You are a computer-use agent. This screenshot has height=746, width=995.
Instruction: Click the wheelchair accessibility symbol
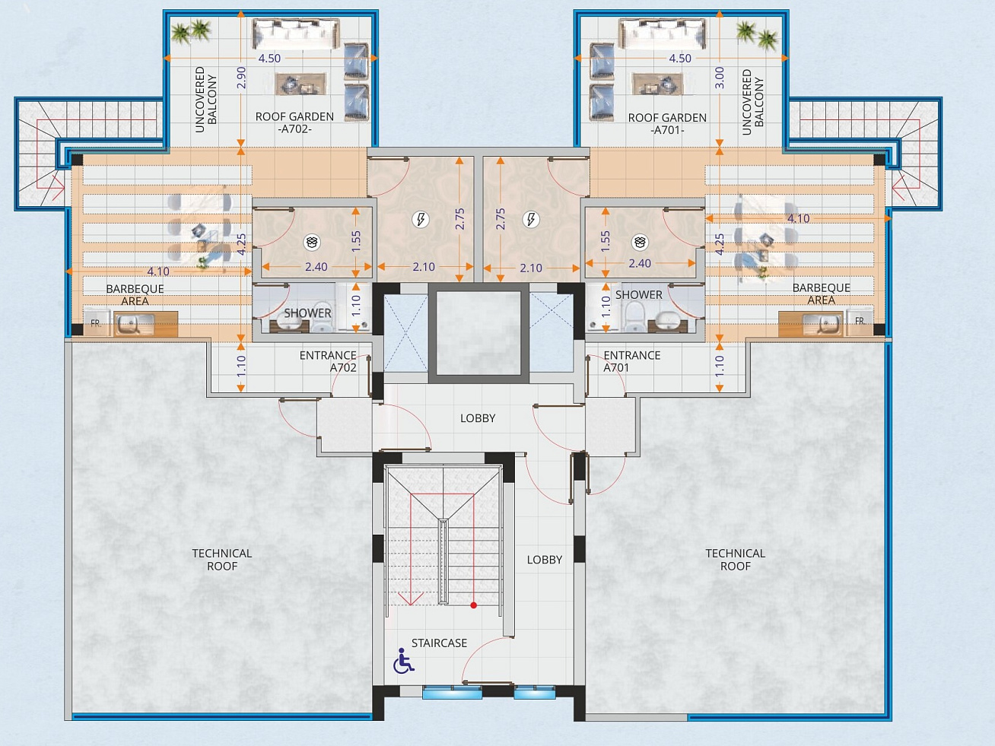pyautogui.click(x=403, y=661)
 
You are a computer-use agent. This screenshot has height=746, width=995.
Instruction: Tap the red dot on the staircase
pyautogui.click(x=474, y=605)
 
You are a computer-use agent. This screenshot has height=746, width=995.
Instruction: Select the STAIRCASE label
pyautogui.click(x=439, y=643)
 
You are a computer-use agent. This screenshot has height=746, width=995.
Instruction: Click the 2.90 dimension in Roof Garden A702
pyautogui.click(x=242, y=77)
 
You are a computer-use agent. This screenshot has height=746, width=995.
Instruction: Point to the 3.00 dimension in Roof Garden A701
pyautogui.click(x=720, y=78)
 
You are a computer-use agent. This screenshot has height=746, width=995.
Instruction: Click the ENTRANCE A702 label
pyautogui.click(x=328, y=361)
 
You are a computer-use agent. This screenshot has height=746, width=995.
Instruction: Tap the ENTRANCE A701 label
pyautogui.click(x=632, y=361)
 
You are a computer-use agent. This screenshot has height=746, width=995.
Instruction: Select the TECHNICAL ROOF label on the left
pyautogui.click(x=222, y=560)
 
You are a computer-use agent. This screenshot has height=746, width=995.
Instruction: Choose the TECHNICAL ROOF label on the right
pyautogui.click(x=736, y=560)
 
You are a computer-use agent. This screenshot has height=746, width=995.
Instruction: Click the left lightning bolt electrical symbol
pyautogui.click(x=421, y=219)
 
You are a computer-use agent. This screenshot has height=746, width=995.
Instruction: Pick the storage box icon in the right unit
pyautogui.click(x=640, y=243)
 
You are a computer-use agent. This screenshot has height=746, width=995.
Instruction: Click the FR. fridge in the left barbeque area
pyautogui.click(x=96, y=322)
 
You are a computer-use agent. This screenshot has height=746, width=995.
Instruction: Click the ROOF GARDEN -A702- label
pyautogui.click(x=294, y=122)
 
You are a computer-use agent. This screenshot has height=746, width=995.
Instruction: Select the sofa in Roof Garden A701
pyautogui.click(x=663, y=33)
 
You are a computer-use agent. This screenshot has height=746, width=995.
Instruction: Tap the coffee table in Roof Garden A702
pyautogui.click(x=300, y=84)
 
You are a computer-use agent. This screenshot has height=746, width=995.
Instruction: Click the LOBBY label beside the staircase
pyautogui.click(x=545, y=560)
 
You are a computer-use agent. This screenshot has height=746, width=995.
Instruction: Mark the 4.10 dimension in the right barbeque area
pyautogui.click(x=799, y=218)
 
